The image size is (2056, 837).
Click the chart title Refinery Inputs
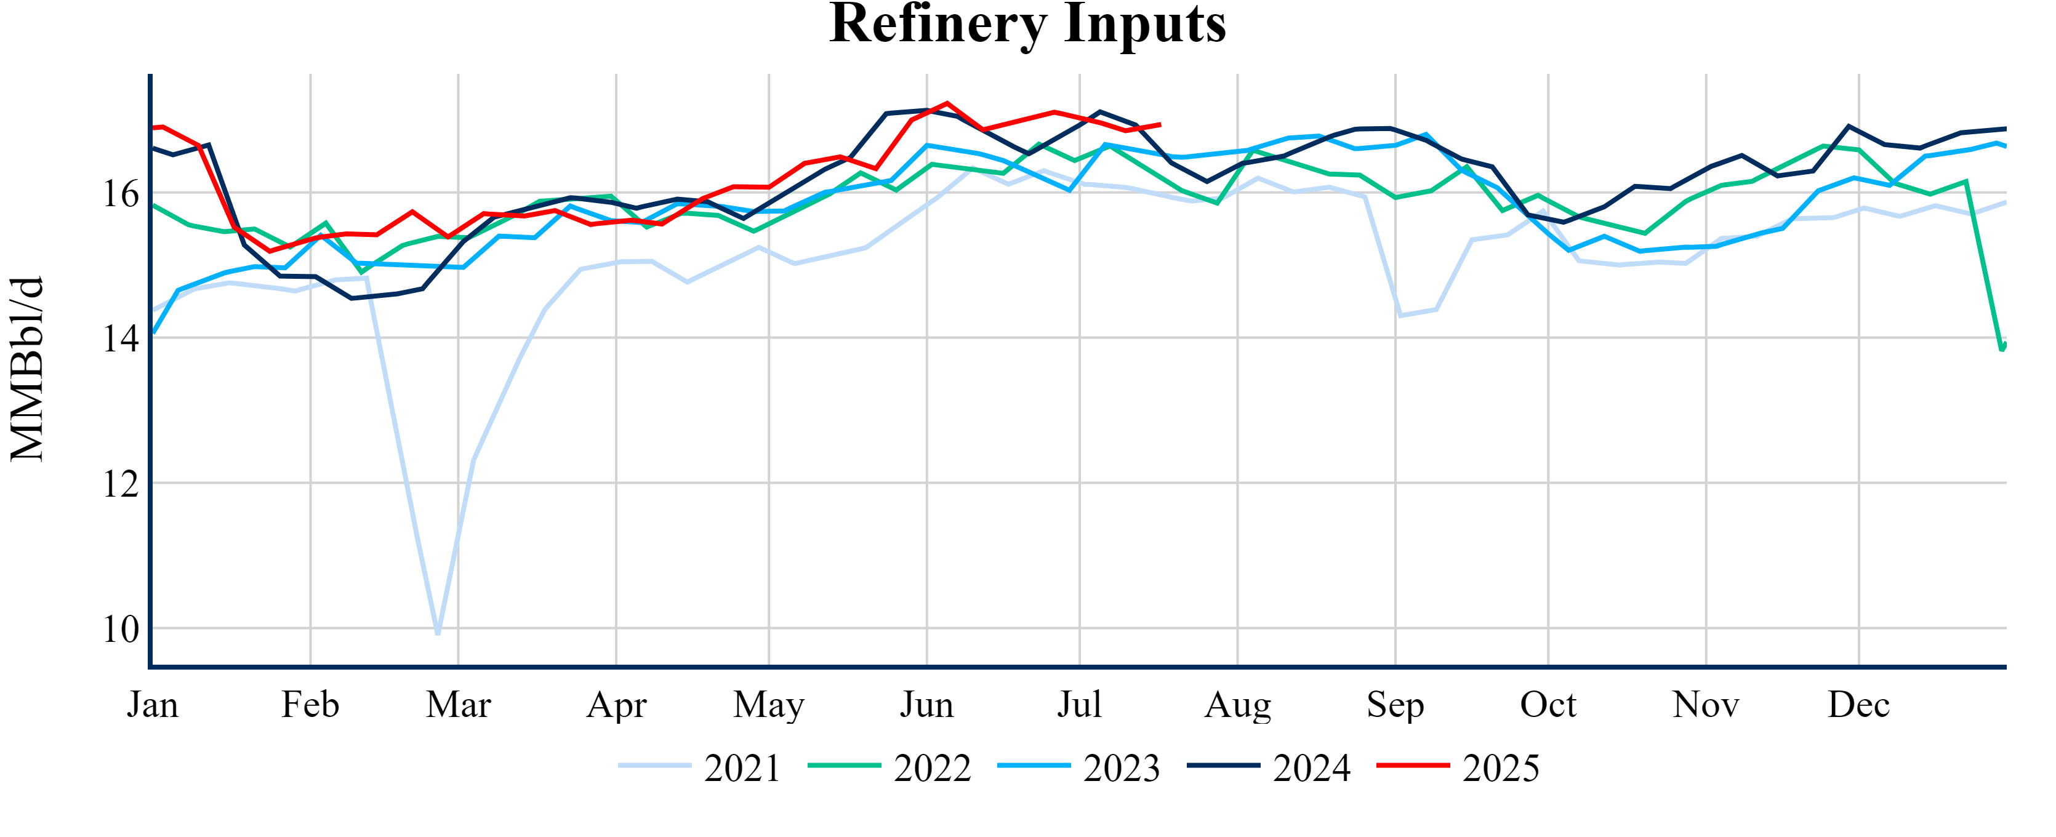pos(1027,24)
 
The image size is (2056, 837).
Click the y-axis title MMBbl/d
pos(27,369)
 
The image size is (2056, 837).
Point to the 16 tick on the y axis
pos(121,194)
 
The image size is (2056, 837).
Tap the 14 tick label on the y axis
pos(121,339)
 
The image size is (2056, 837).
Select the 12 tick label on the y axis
pos(121,484)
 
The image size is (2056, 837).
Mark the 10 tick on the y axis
pos(121,630)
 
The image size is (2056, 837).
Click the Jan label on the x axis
pos(153,705)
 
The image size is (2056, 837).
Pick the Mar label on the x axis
pos(458,705)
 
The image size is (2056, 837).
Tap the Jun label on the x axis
pos(926,705)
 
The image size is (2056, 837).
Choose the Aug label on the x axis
pos(1237,705)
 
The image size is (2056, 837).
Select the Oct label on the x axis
pos(1548,705)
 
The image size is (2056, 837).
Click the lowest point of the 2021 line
pos(438,633)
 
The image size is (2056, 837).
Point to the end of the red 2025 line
pos(1160,124)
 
